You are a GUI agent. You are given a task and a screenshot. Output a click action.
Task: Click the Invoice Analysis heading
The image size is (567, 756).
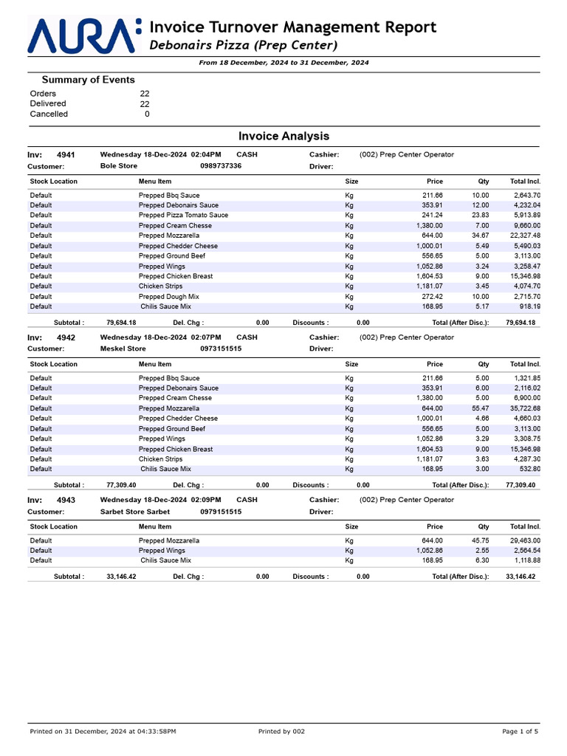click(283, 137)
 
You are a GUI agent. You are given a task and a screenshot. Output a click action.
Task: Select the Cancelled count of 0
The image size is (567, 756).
click(147, 114)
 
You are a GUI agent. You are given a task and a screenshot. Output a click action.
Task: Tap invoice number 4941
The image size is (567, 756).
click(66, 155)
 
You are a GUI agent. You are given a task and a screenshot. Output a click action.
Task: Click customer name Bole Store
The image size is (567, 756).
click(118, 166)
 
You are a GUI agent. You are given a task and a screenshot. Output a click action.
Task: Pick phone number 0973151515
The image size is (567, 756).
click(221, 348)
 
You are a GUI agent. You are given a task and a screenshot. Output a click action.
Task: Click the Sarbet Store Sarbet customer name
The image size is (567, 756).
click(134, 512)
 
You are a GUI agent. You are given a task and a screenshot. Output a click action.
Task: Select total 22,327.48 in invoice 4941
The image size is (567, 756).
click(521, 236)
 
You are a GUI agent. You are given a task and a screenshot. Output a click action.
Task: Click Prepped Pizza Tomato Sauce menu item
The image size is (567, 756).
click(183, 216)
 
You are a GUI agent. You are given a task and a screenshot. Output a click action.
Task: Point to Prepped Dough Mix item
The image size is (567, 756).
click(169, 297)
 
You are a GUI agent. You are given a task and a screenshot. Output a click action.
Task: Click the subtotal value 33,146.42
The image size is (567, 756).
click(121, 577)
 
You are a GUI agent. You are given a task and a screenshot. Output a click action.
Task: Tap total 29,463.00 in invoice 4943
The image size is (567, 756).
click(521, 540)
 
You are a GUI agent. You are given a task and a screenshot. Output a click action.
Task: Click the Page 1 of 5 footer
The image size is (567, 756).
click(520, 732)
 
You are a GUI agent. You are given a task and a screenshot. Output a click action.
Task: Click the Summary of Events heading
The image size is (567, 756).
click(88, 80)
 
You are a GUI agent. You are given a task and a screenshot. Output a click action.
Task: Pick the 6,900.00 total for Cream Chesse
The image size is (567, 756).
click(523, 398)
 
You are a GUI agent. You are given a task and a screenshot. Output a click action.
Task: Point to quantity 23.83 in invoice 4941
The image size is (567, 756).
click(480, 216)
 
